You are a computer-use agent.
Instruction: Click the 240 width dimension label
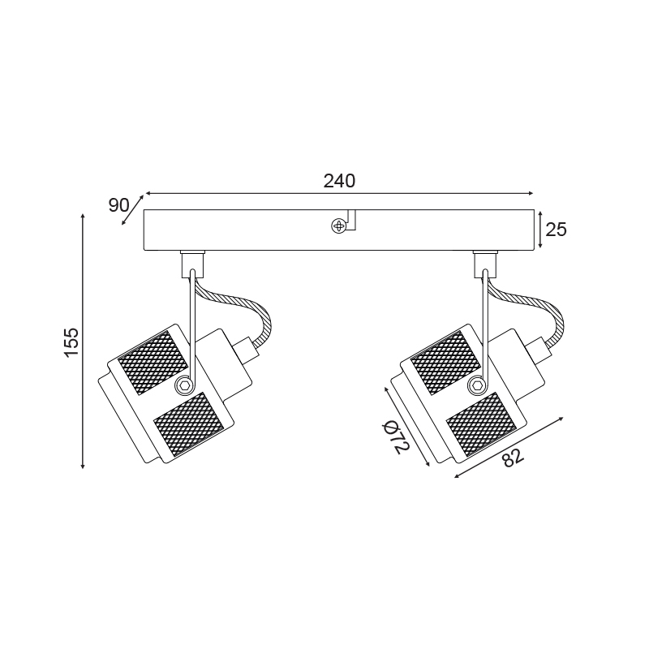pyautogui.click(x=339, y=181)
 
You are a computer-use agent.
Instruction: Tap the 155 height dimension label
pyautogui.click(x=71, y=342)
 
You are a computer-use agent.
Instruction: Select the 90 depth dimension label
pyautogui.click(x=118, y=205)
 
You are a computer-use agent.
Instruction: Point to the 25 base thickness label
pyautogui.click(x=556, y=230)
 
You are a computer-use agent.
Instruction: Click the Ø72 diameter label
pyautogui.click(x=396, y=436)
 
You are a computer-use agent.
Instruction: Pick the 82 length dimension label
pyautogui.click(x=514, y=457)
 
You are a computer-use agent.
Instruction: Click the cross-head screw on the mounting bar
pyautogui.click(x=338, y=226)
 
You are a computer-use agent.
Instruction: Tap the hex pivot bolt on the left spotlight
pyautogui.click(x=183, y=385)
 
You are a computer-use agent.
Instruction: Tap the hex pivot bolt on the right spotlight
pyautogui.click(x=476, y=385)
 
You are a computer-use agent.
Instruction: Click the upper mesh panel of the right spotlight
pyautogui.click(x=445, y=363)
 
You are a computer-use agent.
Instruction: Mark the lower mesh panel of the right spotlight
pyautogui.click(x=482, y=424)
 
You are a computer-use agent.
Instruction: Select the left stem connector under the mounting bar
pyautogui.click(x=193, y=264)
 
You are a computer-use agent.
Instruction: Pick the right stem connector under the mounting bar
pyautogui.click(x=485, y=264)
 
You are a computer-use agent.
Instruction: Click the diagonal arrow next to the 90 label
pyautogui.click(x=132, y=210)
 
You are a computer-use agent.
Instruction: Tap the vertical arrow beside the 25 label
pyautogui.click(x=540, y=230)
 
